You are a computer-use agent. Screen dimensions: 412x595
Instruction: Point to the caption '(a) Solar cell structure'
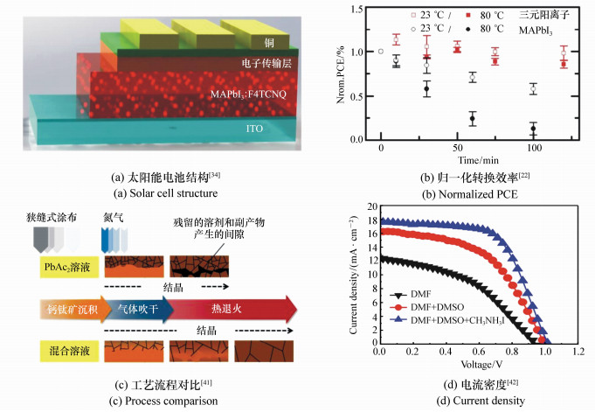[x=155, y=192]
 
